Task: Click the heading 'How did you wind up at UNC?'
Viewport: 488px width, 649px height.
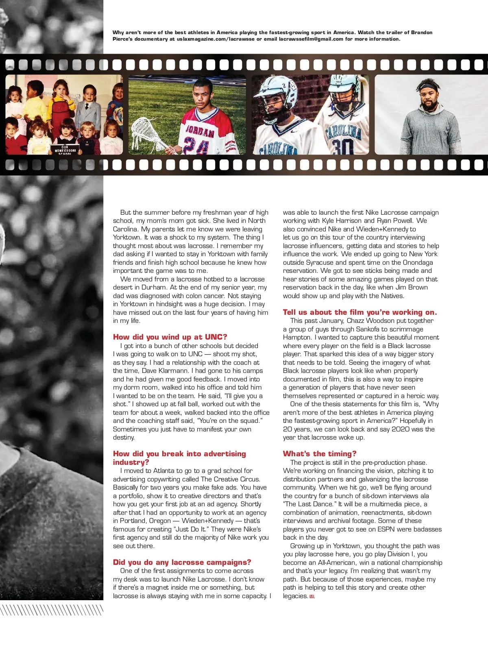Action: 170,337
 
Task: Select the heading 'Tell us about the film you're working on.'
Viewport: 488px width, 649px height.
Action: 360,312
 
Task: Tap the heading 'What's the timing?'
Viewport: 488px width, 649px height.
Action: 320,454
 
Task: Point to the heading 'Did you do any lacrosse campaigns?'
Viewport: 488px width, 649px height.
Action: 182,562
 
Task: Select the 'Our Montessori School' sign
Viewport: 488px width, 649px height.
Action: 65,150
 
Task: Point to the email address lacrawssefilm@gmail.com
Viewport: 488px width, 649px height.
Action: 311,39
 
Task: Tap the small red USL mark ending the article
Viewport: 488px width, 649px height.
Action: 312,597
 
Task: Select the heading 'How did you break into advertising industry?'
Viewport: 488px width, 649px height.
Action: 179,458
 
